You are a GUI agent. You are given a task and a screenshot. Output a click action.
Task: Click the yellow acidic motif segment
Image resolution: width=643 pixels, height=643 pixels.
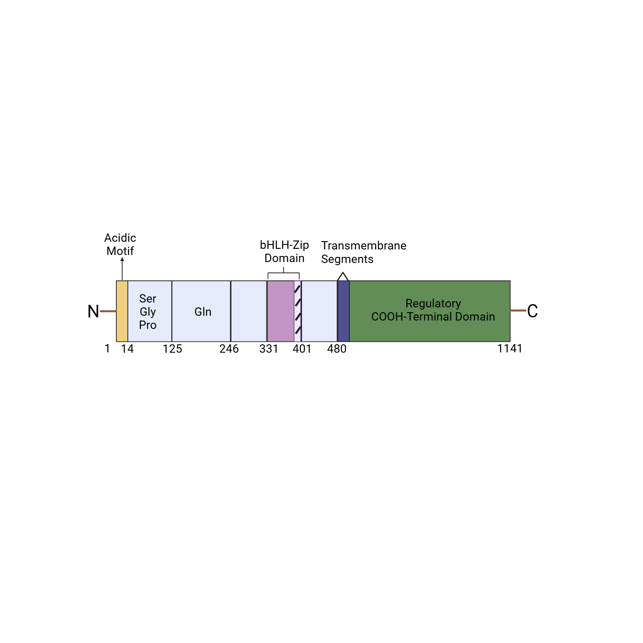tap(122, 311)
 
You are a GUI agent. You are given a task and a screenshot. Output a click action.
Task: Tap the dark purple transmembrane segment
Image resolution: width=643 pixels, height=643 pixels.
tap(343, 311)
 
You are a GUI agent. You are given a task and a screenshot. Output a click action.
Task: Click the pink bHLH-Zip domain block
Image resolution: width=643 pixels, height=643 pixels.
tap(281, 311)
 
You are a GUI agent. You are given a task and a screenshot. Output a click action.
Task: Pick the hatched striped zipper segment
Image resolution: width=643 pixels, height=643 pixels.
tap(297, 311)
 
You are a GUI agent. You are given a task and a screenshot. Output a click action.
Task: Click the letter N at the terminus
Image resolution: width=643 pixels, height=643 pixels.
tap(93, 312)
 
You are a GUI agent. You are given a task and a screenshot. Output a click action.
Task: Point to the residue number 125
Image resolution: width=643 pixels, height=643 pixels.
tap(172, 349)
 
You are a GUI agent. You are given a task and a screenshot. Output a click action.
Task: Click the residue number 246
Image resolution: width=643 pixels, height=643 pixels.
tap(229, 349)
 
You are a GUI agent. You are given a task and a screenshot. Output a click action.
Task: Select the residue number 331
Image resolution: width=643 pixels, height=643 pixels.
tap(268, 349)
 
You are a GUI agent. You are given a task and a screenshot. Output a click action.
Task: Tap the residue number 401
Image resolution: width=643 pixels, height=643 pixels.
tap(302, 349)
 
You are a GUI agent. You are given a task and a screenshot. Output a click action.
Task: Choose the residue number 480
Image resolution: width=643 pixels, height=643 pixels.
tap(337, 349)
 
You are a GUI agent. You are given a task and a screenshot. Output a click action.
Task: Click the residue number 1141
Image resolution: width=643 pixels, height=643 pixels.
tap(510, 349)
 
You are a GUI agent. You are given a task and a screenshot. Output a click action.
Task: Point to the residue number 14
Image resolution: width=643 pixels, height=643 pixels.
tap(127, 349)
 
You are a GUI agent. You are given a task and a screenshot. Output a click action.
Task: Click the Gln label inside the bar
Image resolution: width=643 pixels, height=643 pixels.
tap(203, 312)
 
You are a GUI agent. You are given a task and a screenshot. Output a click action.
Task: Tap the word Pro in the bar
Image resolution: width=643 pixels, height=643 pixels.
tap(148, 325)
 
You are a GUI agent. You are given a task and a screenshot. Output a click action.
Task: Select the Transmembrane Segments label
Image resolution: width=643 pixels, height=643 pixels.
tap(363, 252)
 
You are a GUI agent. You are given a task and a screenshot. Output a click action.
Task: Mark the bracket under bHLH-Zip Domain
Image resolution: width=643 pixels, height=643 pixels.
tap(284, 274)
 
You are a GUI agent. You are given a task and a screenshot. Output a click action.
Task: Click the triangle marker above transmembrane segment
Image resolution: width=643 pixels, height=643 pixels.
tap(343, 276)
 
